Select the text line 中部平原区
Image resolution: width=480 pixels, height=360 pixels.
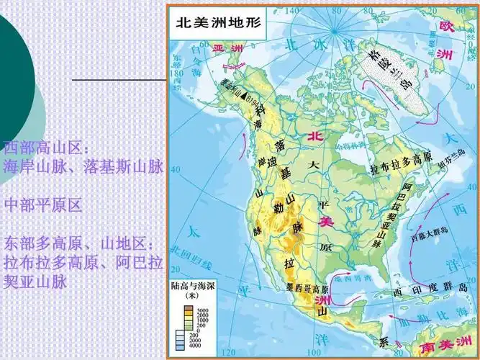[x=43, y=205]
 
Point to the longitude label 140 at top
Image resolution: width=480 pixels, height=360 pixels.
[x=291, y=12]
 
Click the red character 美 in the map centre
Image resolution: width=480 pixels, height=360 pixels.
[x=326, y=222]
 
